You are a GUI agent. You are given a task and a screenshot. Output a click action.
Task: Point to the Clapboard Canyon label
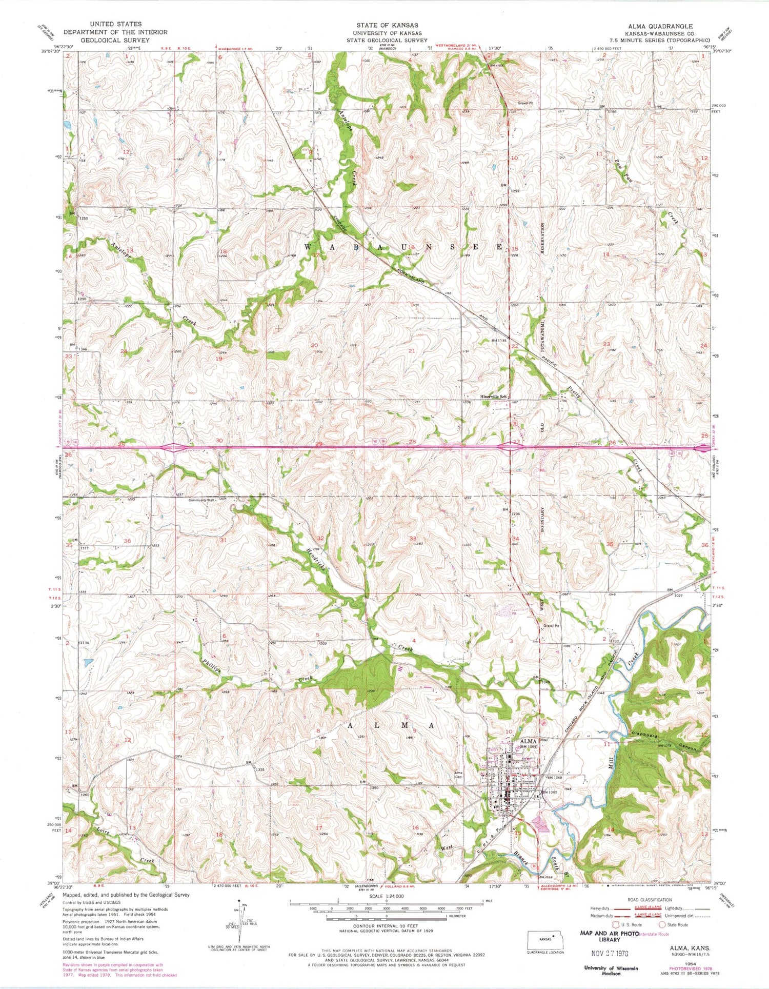pyautogui.click(x=665, y=741)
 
